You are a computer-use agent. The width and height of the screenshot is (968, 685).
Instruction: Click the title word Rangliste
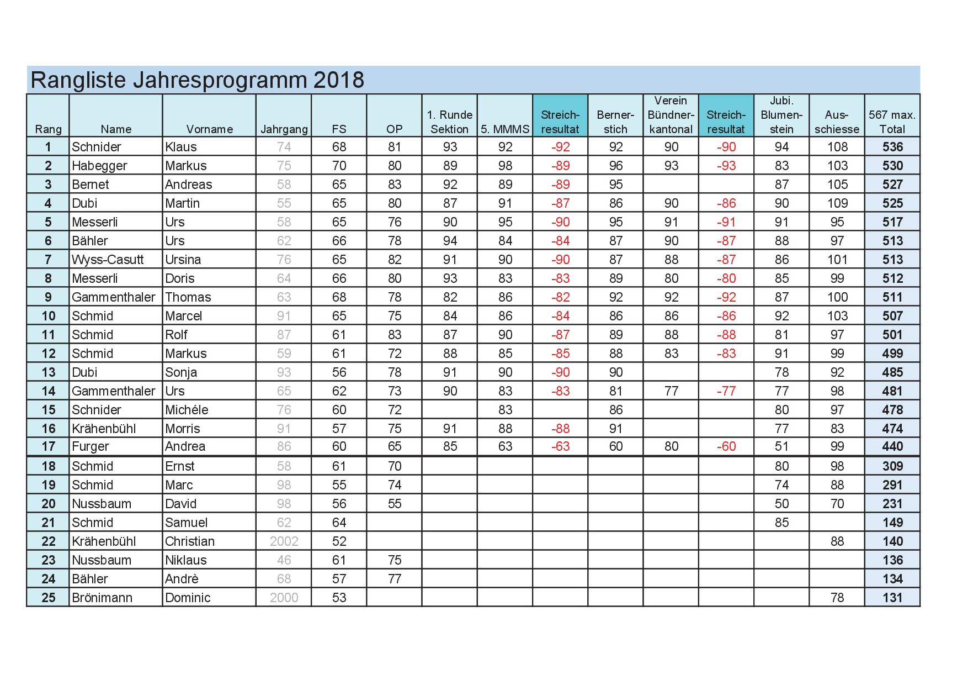coord(77,80)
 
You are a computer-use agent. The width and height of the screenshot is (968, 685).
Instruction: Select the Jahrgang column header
coord(284,129)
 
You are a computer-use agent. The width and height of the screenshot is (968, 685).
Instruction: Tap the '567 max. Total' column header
coord(892,122)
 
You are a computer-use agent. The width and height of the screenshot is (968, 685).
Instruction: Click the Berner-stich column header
coord(615,122)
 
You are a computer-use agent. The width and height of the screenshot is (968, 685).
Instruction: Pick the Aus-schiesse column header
coord(837,122)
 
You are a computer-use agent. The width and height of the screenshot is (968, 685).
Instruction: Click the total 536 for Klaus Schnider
coord(892,147)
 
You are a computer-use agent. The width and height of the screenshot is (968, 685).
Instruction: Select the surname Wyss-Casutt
coord(108,260)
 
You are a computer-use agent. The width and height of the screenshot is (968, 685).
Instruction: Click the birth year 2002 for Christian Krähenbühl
coord(284,541)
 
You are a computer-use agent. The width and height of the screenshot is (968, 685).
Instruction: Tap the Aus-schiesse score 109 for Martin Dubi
coord(837,203)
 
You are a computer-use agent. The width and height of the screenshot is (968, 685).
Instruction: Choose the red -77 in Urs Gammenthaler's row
coord(726,391)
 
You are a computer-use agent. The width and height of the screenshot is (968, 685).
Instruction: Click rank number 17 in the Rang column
coord(49,446)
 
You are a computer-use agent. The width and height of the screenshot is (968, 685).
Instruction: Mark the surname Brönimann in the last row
coord(102,598)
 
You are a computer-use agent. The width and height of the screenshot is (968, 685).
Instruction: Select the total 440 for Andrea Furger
coord(892,446)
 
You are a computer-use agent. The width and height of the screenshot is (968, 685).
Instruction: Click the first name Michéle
coord(187,410)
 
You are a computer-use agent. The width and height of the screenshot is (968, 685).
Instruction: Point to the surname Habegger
coord(99,166)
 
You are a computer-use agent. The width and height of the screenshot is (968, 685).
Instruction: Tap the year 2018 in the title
coord(338,80)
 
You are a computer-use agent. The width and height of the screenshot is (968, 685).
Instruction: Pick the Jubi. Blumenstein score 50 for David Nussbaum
coord(781,504)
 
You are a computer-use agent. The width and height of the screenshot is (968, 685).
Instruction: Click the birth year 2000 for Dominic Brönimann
coord(284,598)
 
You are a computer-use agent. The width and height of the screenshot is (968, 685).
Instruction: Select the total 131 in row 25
coord(892,598)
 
